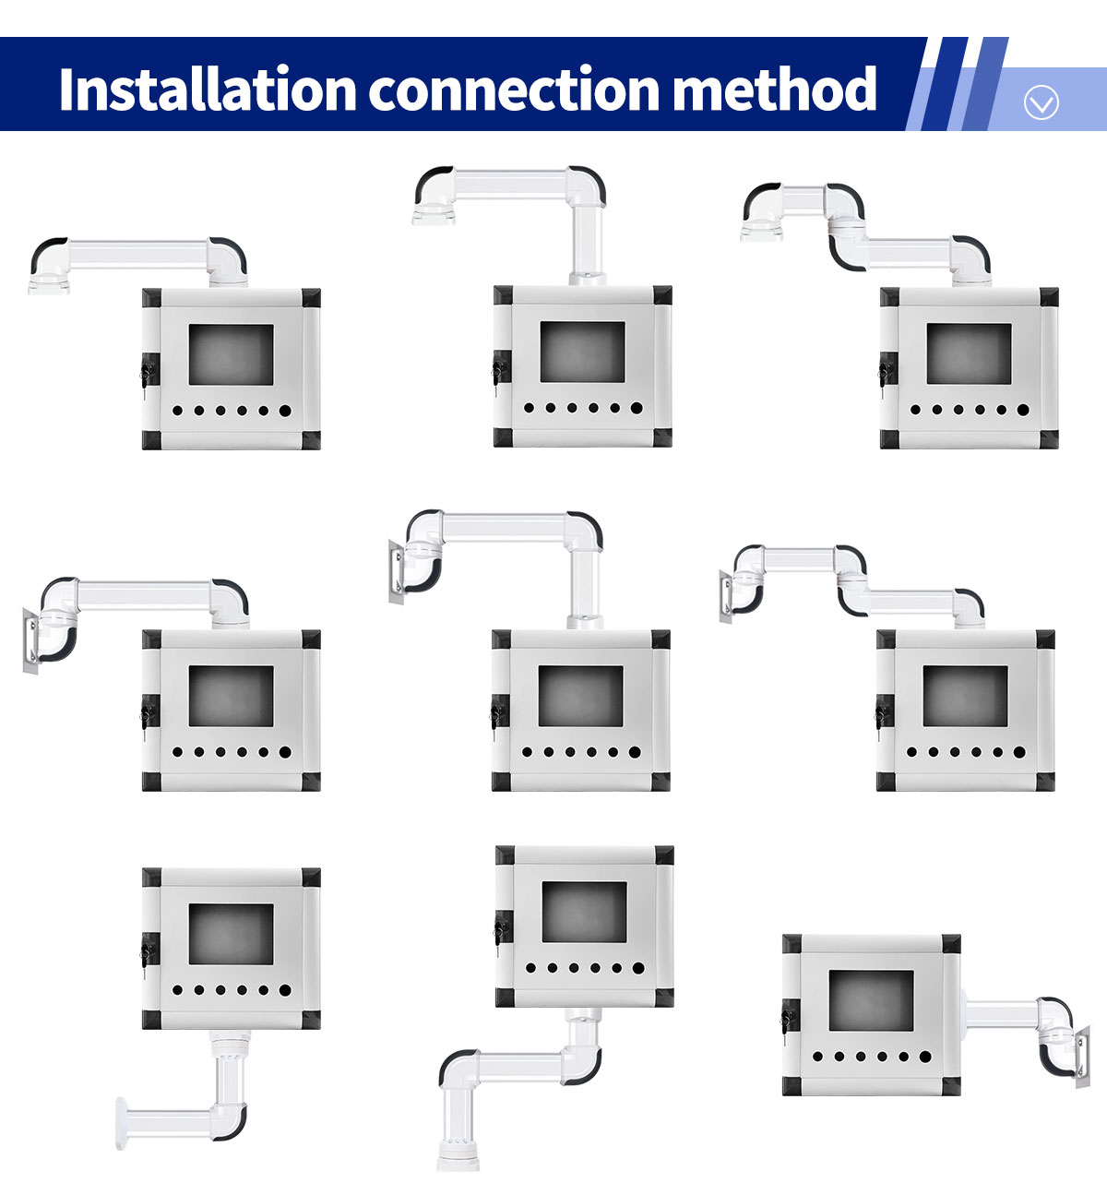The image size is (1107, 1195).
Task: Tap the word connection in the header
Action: [x=513, y=90]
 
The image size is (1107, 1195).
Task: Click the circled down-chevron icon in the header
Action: [x=1041, y=102]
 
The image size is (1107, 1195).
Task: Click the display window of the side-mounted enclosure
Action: [x=871, y=1000]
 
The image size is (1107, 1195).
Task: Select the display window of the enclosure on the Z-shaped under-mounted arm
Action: [x=584, y=912]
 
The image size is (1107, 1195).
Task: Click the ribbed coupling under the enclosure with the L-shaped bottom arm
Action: [x=230, y=1046]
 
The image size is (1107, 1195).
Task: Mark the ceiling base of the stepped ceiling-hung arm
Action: [x=761, y=232]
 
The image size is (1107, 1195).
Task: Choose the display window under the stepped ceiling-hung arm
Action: [x=969, y=353]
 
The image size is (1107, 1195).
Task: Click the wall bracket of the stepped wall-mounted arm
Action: [x=726, y=596]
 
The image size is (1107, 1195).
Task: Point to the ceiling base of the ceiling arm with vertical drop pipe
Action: [x=434, y=216]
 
